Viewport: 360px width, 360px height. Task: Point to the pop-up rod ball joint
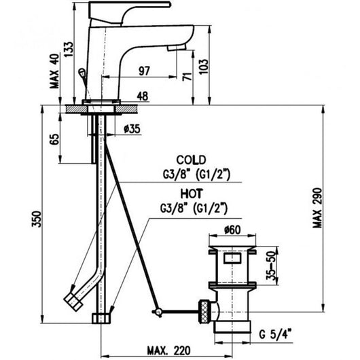coord(158,311)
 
